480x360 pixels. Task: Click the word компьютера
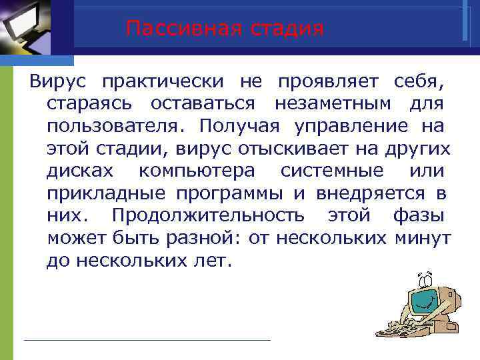pyautogui.click(x=197, y=171)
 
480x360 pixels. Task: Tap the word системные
pyautogui.click(x=332, y=171)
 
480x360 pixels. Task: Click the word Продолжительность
pyautogui.click(x=209, y=216)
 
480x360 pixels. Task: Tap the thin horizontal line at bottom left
pyautogui.click(x=147, y=340)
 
